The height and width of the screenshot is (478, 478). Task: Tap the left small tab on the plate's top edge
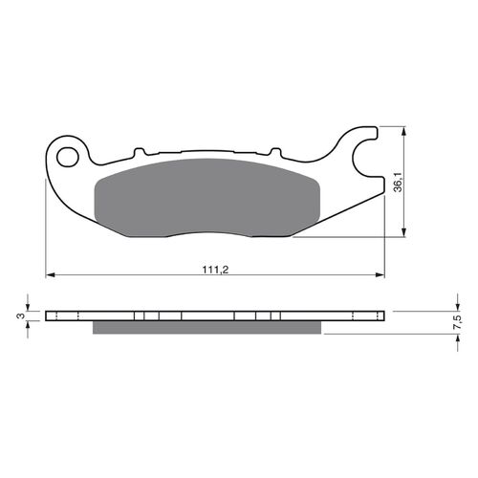coord(139,151)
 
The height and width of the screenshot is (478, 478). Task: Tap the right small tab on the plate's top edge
coord(274,151)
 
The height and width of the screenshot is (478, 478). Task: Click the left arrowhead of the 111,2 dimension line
coord(51,275)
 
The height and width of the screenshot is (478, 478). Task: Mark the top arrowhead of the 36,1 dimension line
coord(408,129)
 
